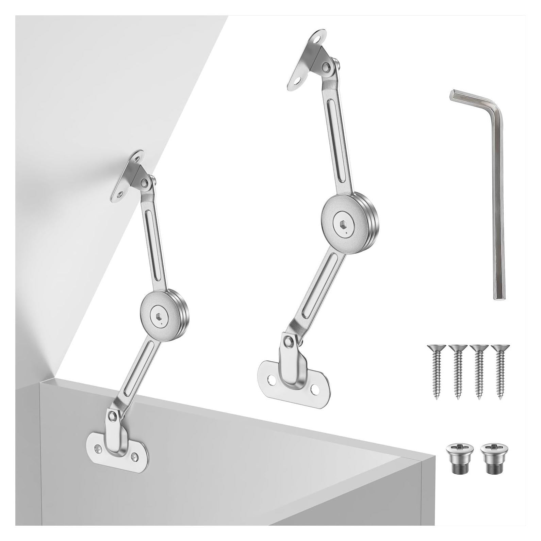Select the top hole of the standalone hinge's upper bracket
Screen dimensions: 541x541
point(318,40)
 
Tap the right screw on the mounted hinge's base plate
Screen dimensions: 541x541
point(135,455)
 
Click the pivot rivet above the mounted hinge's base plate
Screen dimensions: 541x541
point(113,415)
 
